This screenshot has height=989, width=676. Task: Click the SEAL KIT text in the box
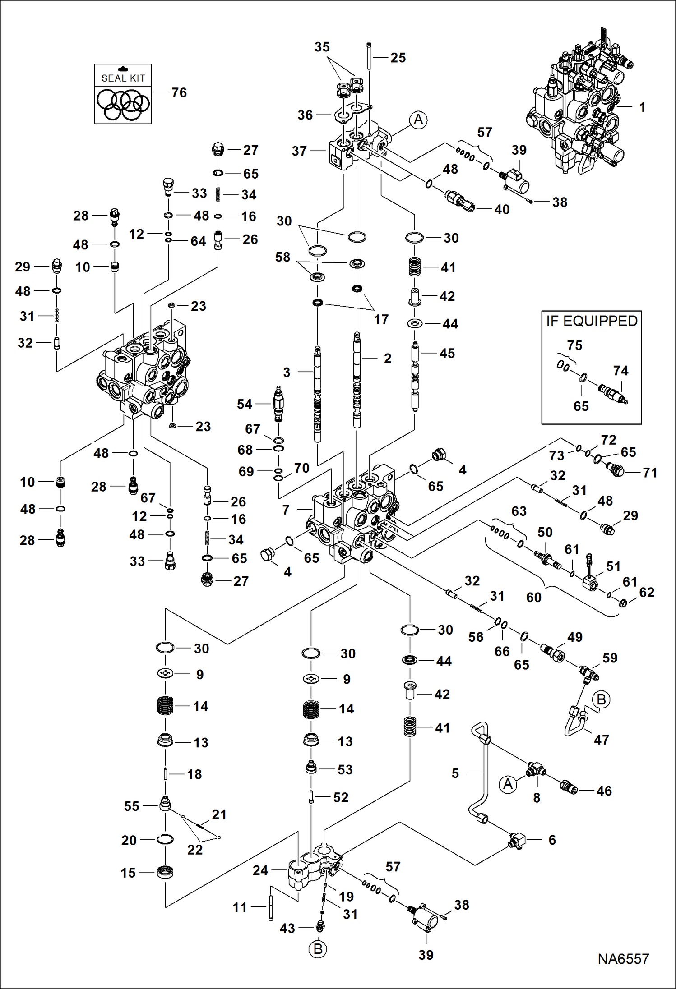123,78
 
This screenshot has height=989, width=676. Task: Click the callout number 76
179,92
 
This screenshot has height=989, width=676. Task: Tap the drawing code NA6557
623,959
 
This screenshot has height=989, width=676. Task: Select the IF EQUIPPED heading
592,321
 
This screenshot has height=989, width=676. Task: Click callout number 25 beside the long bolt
398,58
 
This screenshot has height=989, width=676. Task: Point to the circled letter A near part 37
418,120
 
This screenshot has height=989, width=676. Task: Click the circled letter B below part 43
318,949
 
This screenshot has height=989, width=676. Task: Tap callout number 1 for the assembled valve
642,107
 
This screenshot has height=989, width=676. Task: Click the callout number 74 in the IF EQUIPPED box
620,371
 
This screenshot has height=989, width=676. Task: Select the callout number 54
244,404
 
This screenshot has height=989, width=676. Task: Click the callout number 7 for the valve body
286,510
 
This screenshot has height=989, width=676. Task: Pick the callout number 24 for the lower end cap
260,870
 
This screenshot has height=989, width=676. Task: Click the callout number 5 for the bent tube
455,773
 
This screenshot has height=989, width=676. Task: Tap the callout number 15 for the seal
128,873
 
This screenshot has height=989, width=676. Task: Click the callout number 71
650,473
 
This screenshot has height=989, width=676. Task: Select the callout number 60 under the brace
533,598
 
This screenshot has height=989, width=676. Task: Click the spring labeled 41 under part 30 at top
414,267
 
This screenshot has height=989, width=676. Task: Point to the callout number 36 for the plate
305,115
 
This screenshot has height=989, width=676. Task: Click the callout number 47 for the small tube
601,740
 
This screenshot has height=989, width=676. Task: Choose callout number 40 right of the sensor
502,209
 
